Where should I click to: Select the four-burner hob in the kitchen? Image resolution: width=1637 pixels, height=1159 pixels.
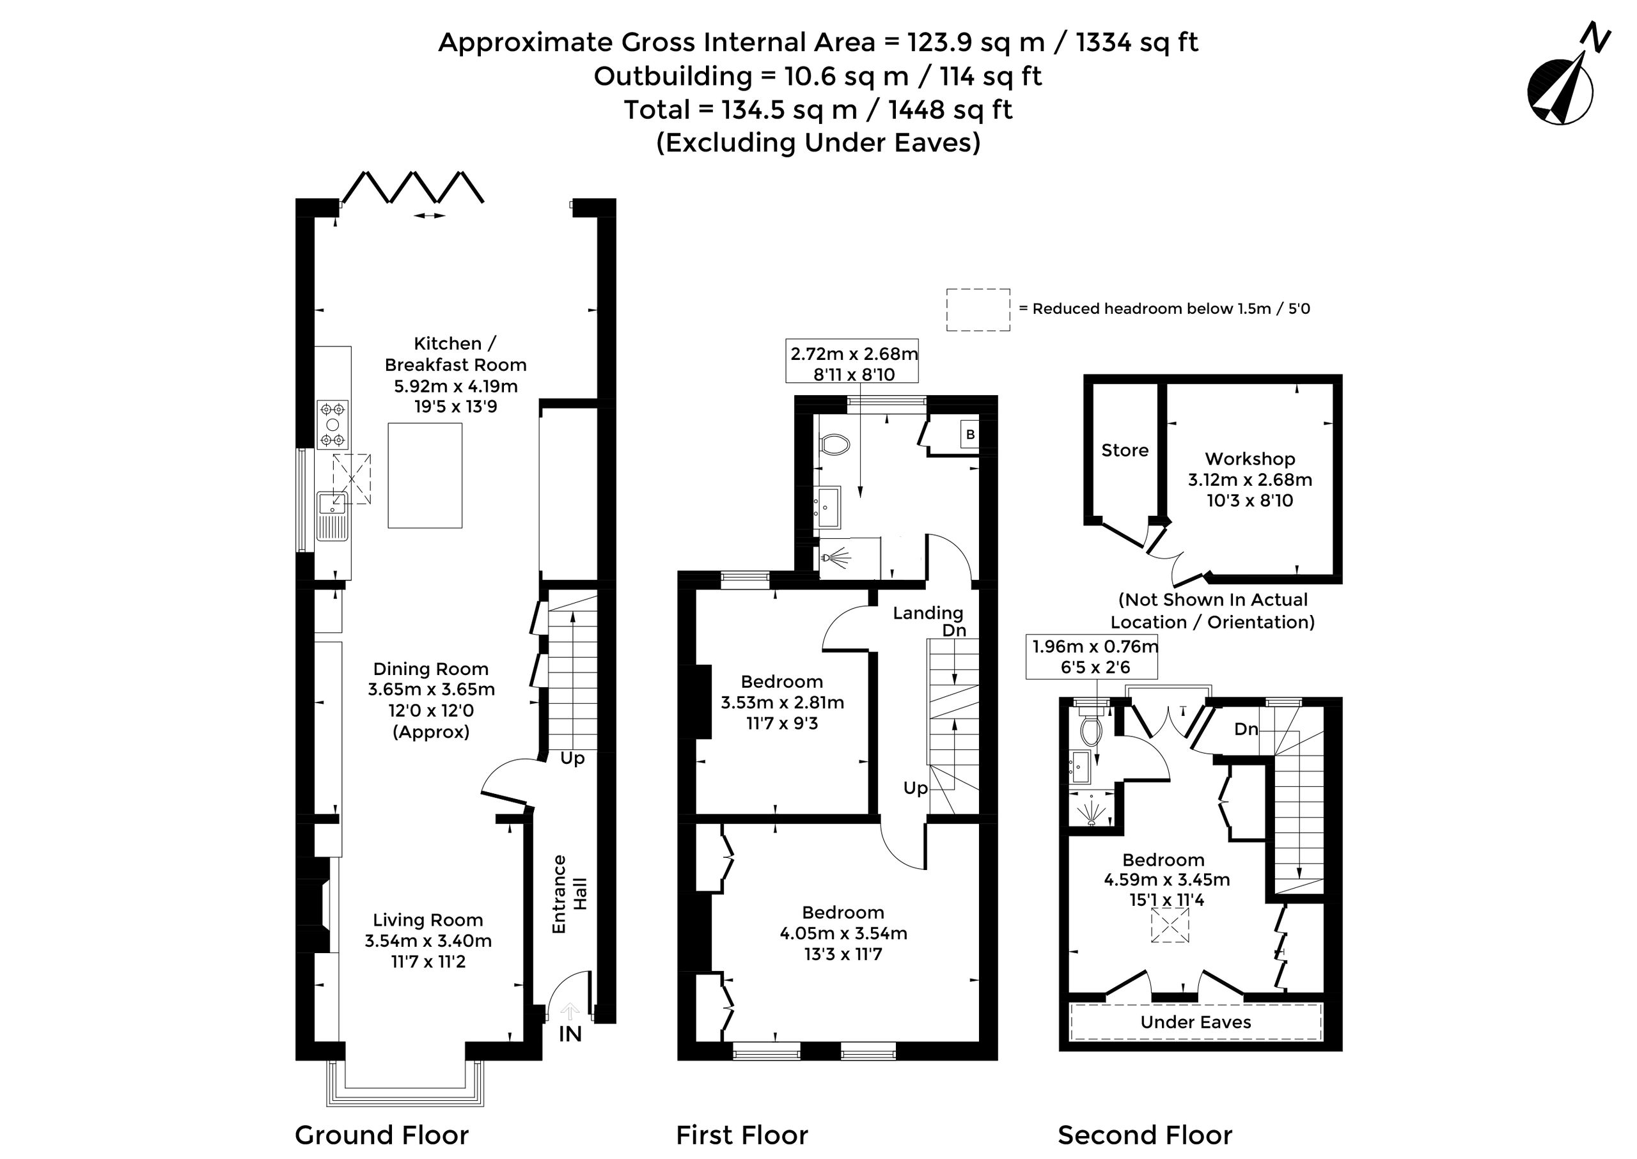pyautogui.click(x=333, y=424)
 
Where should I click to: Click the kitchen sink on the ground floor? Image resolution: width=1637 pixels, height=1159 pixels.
pyautogui.click(x=333, y=515)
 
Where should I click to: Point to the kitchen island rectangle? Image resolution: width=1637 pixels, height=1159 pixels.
pyautogui.click(x=425, y=476)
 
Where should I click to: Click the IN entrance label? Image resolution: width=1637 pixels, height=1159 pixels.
pyautogui.click(x=570, y=1034)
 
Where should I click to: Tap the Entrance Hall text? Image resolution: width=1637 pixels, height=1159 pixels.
pyautogui.click(x=569, y=894)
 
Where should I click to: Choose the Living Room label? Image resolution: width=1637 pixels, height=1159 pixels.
pyautogui.click(x=428, y=920)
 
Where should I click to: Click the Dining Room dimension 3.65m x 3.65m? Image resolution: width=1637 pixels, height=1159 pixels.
pyautogui.click(x=431, y=689)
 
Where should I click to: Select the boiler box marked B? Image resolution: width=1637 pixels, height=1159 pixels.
pyautogui.click(x=969, y=434)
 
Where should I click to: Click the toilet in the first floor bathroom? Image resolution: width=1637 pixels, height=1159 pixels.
pyautogui.click(x=834, y=445)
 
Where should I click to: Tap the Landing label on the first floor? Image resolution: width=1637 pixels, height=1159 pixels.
pyautogui.click(x=928, y=612)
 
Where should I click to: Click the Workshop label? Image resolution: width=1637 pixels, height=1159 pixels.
pyautogui.click(x=1250, y=458)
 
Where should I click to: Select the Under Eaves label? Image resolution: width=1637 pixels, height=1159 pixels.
pyautogui.click(x=1196, y=1022)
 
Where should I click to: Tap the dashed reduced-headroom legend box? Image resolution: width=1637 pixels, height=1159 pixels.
pyautogui.click(x=978, y=310)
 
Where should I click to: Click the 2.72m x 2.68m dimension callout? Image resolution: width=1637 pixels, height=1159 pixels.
pyautogui.click(x=854, y=364)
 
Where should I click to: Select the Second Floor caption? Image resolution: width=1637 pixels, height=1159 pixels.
pyautogui.click(x=1145, y=1135)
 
